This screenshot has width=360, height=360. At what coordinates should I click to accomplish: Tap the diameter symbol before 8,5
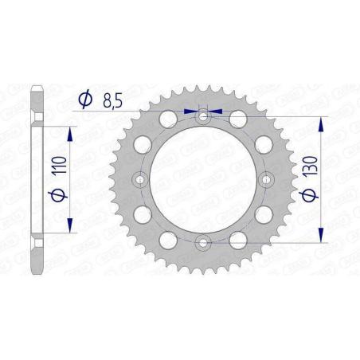point(83,100)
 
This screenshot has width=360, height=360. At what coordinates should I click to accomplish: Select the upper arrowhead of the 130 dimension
point(321,122)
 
